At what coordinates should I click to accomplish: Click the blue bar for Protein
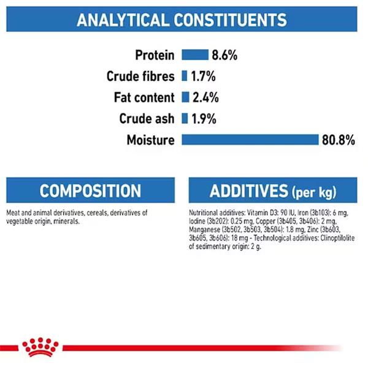pyautogui.click(x=195, y=55)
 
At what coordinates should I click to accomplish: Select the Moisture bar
pyautogui.click(x=250, y=140)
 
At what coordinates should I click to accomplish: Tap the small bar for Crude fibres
pyautogui.click(x=185, y=76)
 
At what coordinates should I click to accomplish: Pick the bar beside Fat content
pyautogui.click(x=185, y=97)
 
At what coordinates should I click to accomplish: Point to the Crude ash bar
pyautogui.click(x=185, y=118)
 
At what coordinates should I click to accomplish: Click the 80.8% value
pyautogui.click(x=338, y=140)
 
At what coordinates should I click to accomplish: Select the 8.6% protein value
pyautogui.click(x=224, y=55)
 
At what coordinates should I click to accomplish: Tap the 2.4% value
pyautogui.click(x=205, y=98)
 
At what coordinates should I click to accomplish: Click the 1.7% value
pyautogui.click(x=203, y=76)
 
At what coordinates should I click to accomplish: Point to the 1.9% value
pyautogui.click(x=204, y=119)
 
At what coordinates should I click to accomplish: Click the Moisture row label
pyautogui.click(x=151, y=140)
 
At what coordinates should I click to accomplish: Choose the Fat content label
pyautogui.click(x=144, y=98)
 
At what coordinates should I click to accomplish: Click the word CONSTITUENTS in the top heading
pyautogui.click(x=230, y=20)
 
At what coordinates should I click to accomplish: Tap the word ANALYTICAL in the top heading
pyautogui.click(x=123, y=20)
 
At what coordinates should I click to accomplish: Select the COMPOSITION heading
pyautogui.click(x=90, y=191)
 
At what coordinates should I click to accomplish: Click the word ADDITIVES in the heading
pyautogui.click(x=249, y=191)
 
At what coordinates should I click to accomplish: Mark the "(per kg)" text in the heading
pyautogui.click(x=314, y=193)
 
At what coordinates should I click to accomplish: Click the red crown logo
pyautogui.click(x=40, y=347)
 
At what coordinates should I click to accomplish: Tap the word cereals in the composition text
pyautogui.click(x=98, y=213)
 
